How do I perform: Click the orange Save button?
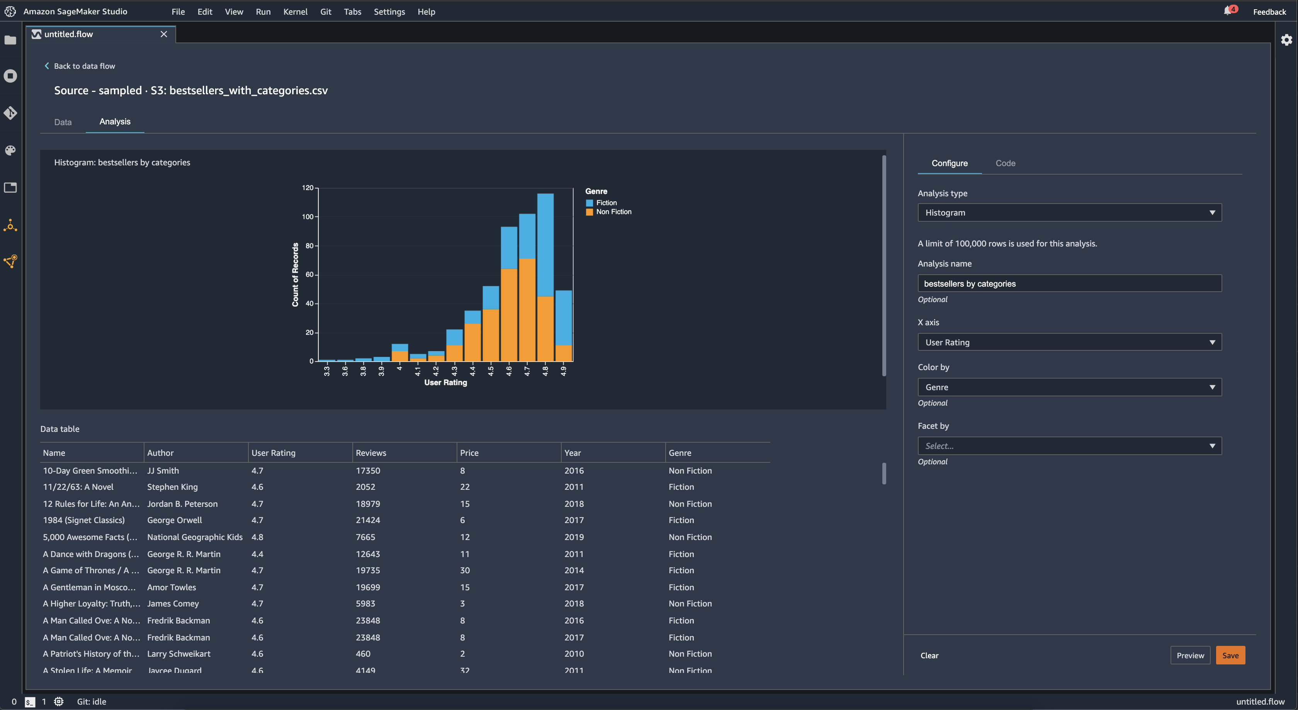point(1230,655)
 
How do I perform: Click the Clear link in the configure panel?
point(929,655)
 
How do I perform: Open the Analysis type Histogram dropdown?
point(1069,212)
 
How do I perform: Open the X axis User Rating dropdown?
point(1069,342)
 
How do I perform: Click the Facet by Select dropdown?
point(1069,445)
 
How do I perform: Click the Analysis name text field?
point(1069,283)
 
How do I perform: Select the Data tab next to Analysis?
point(63,122)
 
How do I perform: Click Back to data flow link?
point(84,66)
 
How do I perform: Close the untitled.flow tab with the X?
point(164,34)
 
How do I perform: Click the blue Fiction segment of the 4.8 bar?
point(545,245)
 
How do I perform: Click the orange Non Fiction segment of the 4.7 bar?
point(527,310)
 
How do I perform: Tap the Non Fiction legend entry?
point(613,212)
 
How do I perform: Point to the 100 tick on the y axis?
point(308,217)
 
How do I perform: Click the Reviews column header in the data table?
point(371,452)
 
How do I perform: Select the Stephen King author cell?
point(172,487)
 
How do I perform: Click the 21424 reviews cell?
point(368,520)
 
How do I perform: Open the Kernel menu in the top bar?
point(295,12)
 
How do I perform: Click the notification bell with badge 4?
point(1227,11)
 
